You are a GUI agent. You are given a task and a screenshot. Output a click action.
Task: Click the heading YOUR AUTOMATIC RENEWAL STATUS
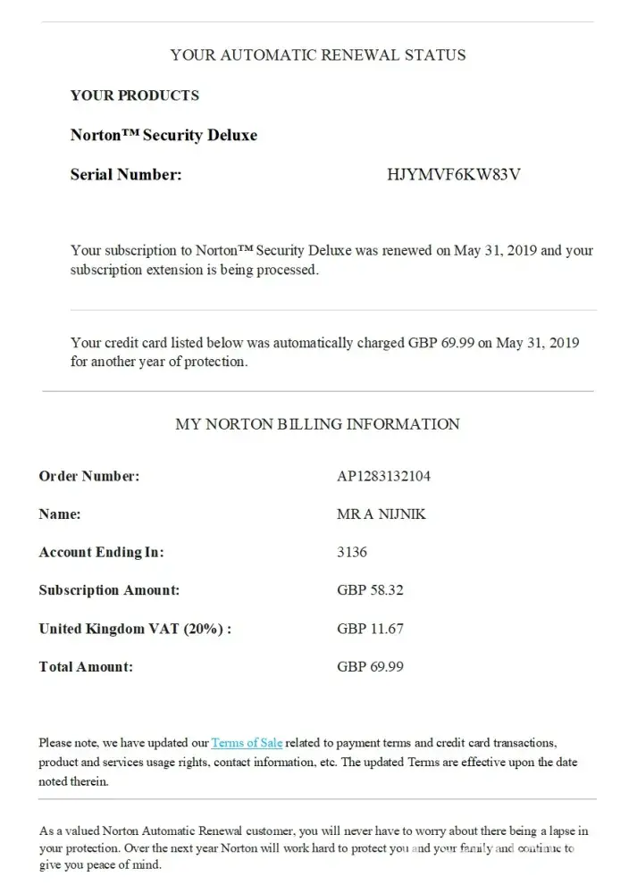tap(317, 55)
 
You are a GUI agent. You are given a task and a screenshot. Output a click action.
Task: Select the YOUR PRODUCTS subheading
tap(135, 96)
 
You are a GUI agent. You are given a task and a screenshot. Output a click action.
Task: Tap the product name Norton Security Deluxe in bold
tap(163, 136)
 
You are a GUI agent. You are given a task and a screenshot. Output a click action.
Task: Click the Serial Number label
tap(126, 175)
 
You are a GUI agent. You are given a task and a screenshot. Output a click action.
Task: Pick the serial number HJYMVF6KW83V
tap(453, 175)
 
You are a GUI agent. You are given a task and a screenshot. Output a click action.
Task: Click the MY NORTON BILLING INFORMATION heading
tap(317, 424)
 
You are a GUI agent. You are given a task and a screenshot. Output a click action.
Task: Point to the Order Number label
tap(89, 476)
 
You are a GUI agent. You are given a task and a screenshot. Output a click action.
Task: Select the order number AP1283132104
tap(383, 476)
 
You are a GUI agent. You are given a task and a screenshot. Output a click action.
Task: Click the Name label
tap(60, 514)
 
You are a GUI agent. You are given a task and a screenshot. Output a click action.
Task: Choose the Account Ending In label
tap(101, 553)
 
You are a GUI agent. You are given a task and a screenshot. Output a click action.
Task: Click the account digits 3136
tap(352, 553)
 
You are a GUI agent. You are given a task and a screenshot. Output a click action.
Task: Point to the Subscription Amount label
tap(109, 590)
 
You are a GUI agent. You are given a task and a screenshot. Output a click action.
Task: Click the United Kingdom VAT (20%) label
tap(135, 629)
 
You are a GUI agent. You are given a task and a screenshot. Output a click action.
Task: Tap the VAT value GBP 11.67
tap(370, 629)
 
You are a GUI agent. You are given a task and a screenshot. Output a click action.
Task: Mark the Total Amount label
tap(86, 667)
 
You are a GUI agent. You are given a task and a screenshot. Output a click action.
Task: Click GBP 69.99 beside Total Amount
tap(370, 667)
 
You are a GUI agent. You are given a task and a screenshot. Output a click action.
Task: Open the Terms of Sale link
tap(247, 743)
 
